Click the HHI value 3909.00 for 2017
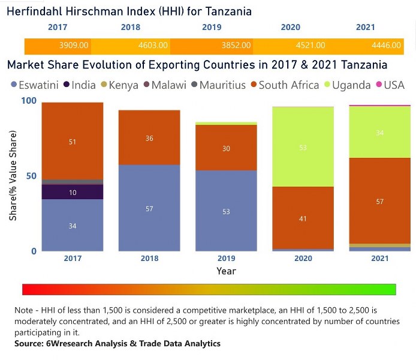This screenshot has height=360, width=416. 74,46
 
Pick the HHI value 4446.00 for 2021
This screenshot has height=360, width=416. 384,46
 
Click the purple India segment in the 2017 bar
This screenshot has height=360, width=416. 73,191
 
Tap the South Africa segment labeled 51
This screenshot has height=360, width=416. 73,142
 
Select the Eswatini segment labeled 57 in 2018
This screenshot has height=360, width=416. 149,208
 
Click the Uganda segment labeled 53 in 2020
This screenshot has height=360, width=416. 303,147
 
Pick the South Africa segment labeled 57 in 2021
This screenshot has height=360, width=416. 379,201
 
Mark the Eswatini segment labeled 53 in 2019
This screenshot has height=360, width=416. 226,211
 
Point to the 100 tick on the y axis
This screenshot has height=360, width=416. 29,101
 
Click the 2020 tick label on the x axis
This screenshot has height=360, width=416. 303,258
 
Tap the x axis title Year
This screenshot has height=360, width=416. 226,271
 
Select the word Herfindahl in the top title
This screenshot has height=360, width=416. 36,11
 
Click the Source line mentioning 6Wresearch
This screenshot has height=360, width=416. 117,344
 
